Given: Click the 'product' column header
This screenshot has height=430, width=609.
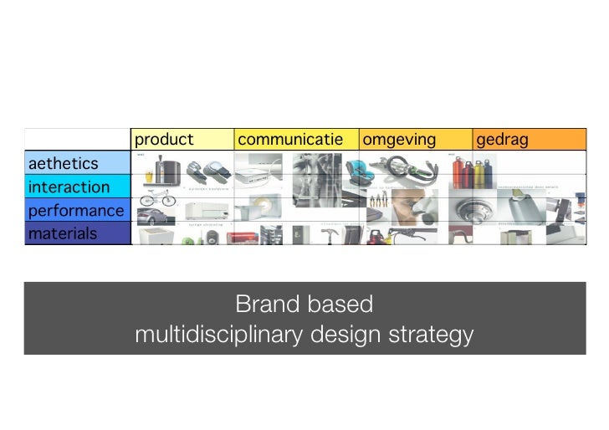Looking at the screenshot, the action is click(x=164, y=140).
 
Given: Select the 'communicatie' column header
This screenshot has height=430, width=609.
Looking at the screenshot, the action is click(x=290, y=140).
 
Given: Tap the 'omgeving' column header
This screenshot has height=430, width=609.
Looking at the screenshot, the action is click(x=399, y=140).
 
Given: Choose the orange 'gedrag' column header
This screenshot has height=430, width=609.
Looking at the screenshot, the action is click(x=502, y=140).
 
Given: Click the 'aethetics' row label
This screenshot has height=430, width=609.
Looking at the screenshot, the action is click(x=64, y=163).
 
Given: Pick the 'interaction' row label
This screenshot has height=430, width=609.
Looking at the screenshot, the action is click(x=69, y=187).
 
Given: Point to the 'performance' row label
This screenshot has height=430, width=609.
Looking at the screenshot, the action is click(x=76, y=210).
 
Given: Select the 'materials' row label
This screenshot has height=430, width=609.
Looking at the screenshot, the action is click(x=63, y=233).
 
